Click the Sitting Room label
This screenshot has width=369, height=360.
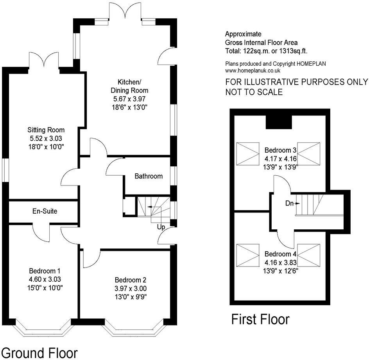coord(46,130)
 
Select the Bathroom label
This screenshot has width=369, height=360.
coord(149,176)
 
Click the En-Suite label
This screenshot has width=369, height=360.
coord(45,211)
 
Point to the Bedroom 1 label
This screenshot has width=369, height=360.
coord(44,271)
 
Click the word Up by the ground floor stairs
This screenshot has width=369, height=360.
coord(161,227)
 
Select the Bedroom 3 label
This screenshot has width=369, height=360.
coord(281,150)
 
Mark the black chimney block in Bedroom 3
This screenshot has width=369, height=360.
coord(279,122)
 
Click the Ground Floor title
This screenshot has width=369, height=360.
coord(39,351)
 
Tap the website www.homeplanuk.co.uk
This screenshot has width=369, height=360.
coord(253,71)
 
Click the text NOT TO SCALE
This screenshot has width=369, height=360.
coord(254,92)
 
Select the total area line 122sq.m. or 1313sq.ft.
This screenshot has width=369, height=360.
coord(269,51)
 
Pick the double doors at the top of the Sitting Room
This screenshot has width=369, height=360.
coord(45,61)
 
